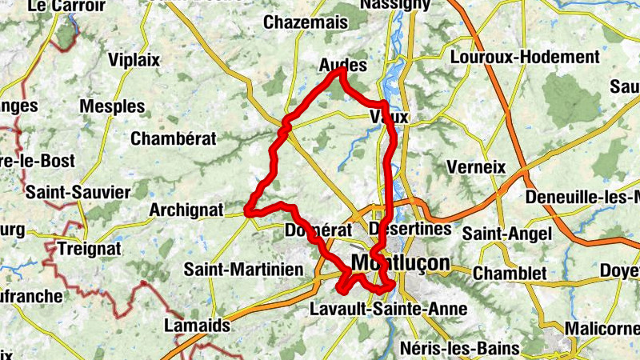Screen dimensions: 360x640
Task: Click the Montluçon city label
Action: (x=400, y=263)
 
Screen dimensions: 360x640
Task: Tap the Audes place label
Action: (x=342, y=65)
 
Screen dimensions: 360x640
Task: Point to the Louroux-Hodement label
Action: (x=525, y=58)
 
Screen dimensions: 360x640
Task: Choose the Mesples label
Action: (x=113, y=106)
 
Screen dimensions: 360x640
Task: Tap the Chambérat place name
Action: (x=174, y=138)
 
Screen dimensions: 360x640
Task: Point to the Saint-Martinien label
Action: (x=243, y=270)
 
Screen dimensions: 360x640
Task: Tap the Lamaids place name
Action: (x=197, y=326)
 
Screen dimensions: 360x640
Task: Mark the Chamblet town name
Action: (x=510, y=274)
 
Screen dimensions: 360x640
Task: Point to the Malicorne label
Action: (x=602, y=329)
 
